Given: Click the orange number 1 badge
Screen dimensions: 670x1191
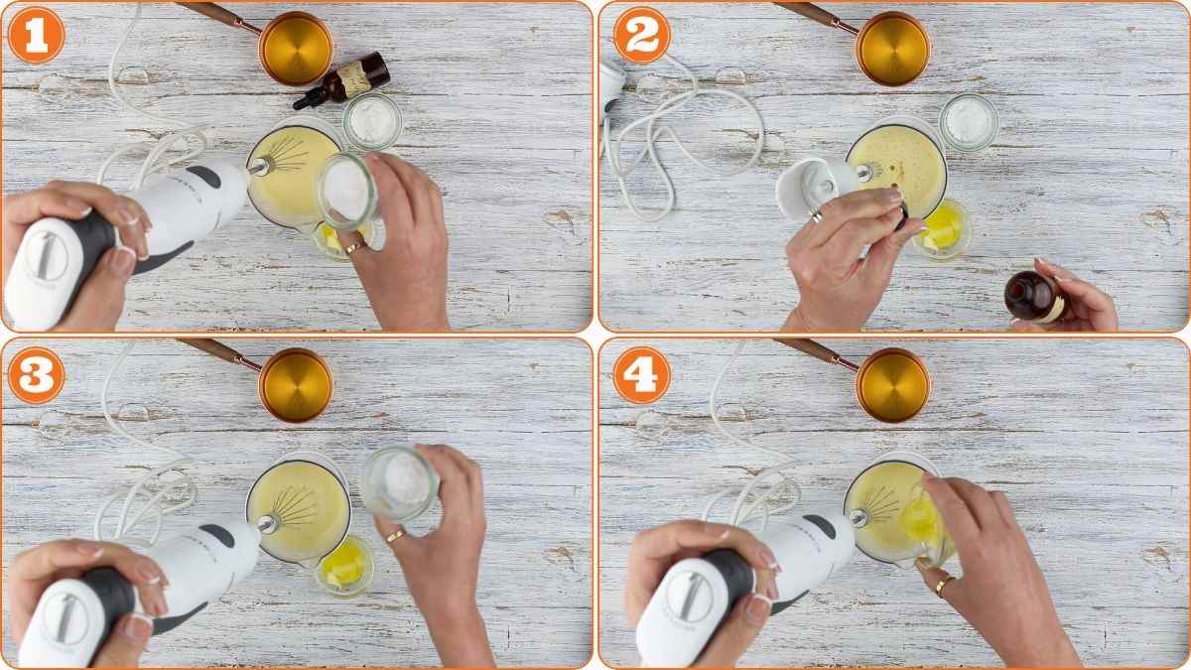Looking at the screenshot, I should [36, 36].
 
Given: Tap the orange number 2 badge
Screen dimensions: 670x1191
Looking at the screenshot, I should [641, 36].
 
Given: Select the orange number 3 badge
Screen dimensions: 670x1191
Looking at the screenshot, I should [36, 376].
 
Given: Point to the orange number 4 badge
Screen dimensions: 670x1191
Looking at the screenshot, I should [641, 376].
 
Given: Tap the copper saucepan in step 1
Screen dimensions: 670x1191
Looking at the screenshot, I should [296, 47].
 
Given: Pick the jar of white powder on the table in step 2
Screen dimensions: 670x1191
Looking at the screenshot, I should [968, 121].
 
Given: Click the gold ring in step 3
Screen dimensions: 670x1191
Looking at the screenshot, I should [394, 536].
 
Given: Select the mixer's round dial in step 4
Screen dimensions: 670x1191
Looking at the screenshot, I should [689, 599].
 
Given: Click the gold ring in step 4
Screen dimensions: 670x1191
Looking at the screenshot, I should [940, 586].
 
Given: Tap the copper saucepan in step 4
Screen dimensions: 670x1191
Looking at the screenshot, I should [892, 384].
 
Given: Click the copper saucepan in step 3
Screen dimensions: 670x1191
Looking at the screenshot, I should [296, 384].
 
